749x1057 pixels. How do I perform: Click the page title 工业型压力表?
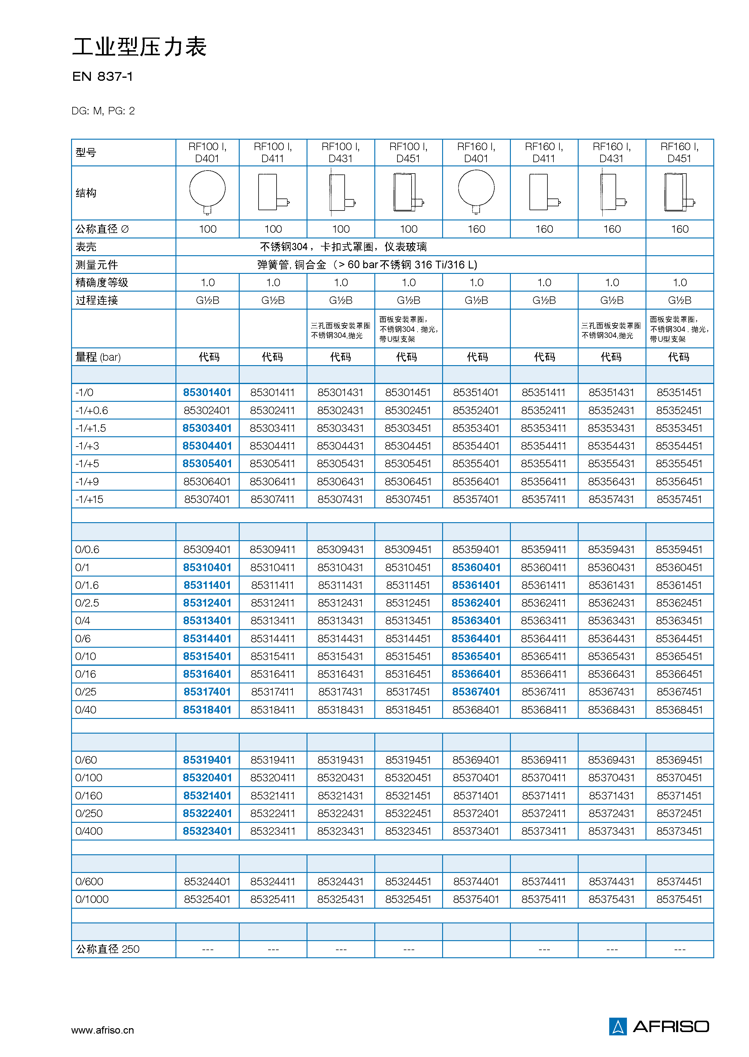tap(139, 47)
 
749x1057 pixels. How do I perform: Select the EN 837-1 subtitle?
tap(102, 77)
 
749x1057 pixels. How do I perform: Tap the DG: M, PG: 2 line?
tap(103, 111)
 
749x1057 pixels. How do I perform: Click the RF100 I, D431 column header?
tap(340, 152)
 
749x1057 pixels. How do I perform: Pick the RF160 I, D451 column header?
tap(679, 152)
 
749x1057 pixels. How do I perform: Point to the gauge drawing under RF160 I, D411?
tap(544, 192)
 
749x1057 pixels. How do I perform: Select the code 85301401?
tap(207, 392)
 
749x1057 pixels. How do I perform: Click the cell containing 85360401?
tap(476, 567)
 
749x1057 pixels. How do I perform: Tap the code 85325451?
tap(408, 899)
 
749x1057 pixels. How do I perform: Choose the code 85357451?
tap(679, 499)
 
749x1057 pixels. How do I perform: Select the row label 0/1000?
tap(92, 899)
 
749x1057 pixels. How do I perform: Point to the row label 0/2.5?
tap(87, 603)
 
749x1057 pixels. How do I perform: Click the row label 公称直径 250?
tap(107, 949)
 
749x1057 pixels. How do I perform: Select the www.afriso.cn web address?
tap(102, 1030)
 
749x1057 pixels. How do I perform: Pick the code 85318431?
tap(340, 710)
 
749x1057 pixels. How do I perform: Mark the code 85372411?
tap(544, 813)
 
